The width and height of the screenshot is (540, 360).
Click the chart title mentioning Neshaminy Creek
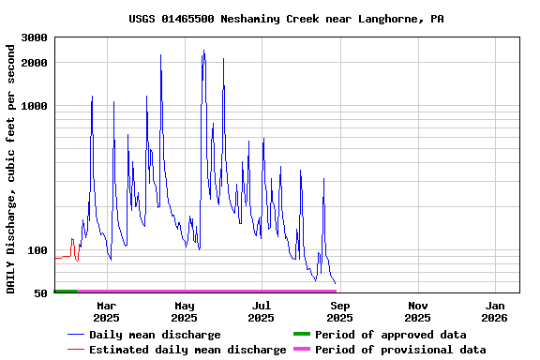coord(286,19)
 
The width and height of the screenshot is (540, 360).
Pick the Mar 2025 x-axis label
coord(107,311)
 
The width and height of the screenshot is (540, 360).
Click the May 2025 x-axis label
coord(185,311)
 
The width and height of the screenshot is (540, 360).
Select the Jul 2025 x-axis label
coord(262,311)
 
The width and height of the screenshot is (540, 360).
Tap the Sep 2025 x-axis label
coord(340,311)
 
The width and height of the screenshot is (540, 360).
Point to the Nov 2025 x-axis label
coord(419,311)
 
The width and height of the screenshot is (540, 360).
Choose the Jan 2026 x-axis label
coord(496,311)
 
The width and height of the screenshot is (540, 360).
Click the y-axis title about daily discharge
coord(11,166)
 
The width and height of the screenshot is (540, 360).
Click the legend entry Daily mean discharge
coord(155,335)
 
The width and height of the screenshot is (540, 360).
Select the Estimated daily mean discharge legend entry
coord(187,350)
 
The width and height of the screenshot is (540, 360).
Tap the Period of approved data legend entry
coord(390,335)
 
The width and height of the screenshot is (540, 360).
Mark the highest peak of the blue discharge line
coord(203,52)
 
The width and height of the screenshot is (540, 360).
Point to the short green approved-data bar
coord(66,292)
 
